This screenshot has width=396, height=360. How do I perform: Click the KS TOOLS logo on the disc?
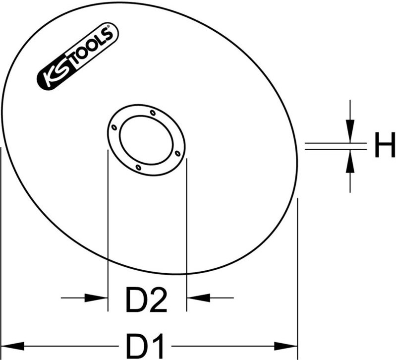(x=77, y=59)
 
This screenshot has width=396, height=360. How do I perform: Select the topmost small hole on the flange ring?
(x=153, y=113)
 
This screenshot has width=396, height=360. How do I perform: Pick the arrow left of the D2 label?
(x=97, y=298)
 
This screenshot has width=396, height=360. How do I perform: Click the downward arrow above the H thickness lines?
(x=350, y=131)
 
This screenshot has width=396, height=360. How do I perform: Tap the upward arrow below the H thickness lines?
(x=350, y=162)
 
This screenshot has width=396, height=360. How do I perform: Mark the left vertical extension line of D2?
(x=108, y=223)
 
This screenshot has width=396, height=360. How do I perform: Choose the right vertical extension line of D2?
(x=186, y=223)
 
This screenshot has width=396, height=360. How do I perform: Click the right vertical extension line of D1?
(x=297, y=273)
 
